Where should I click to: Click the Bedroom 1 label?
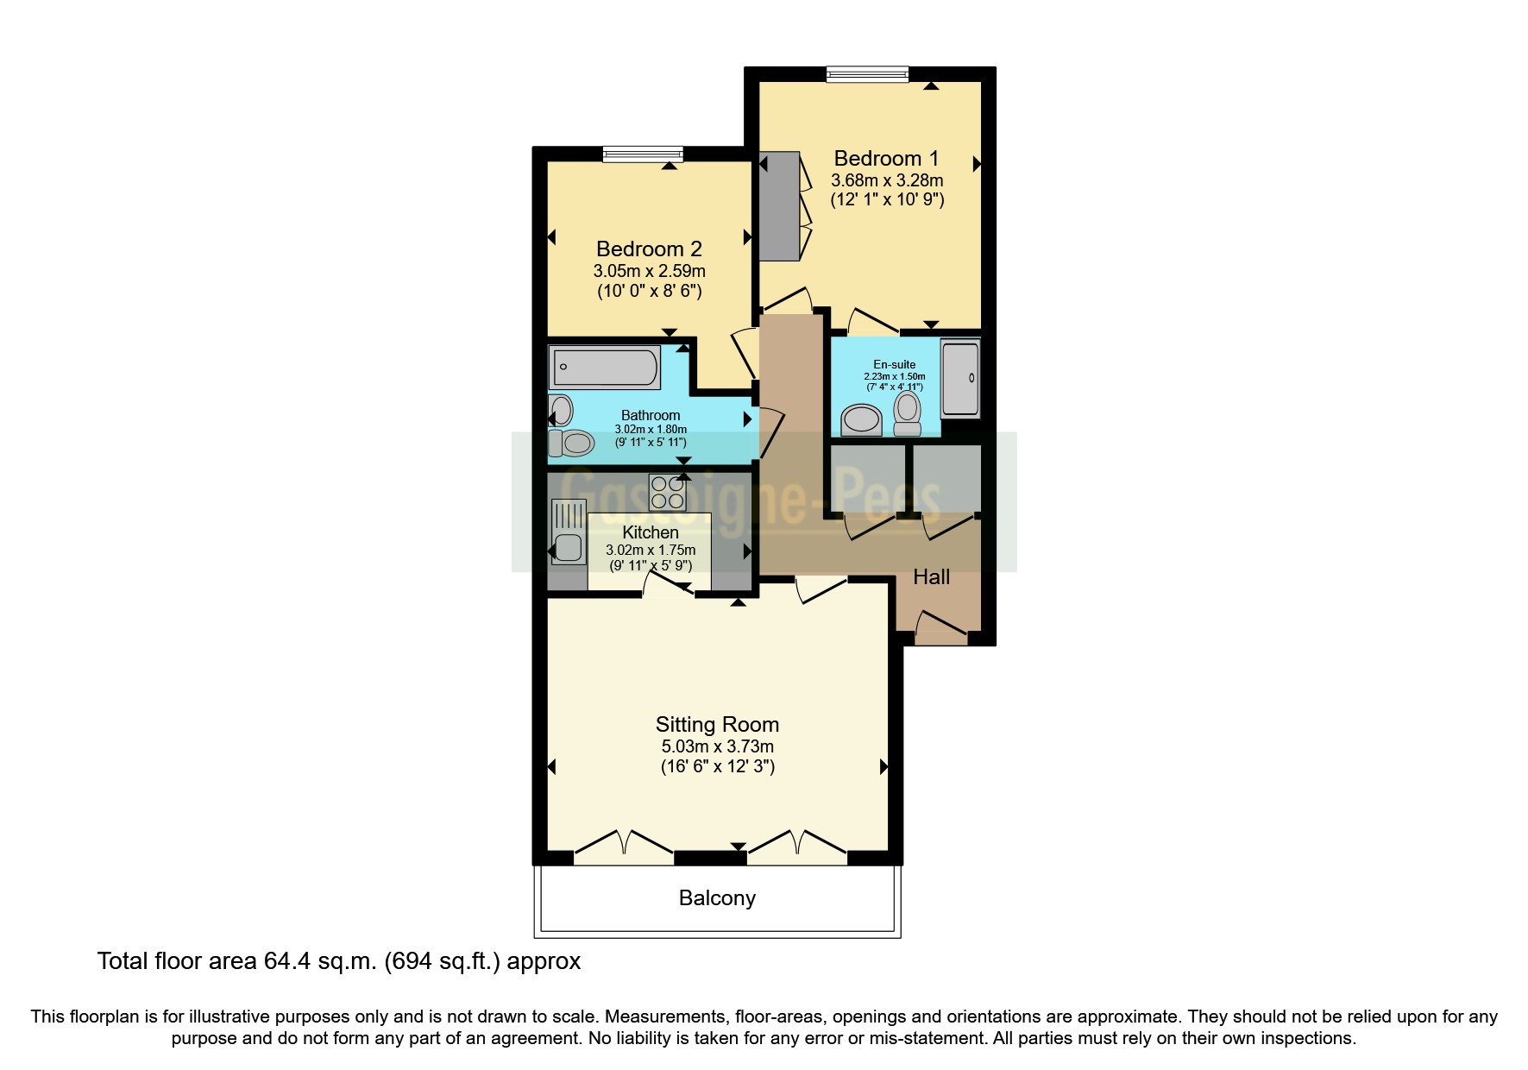[886, 159]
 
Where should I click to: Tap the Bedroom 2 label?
[649, 249]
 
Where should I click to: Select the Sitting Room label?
[717, 725]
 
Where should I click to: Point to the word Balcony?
[717, 898]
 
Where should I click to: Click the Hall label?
[931, 577]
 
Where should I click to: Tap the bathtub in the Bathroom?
[605, 368]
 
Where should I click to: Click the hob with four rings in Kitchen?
[668, 494]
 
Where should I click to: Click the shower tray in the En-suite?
[960, 379]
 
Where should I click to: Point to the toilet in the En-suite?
[908, 415]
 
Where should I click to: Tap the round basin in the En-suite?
[861, 421]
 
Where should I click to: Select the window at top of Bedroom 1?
[867, 75]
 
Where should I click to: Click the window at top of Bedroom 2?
[643, 154]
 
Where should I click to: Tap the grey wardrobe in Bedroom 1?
[779, 207]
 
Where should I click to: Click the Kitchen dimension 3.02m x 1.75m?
[651, 550]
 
